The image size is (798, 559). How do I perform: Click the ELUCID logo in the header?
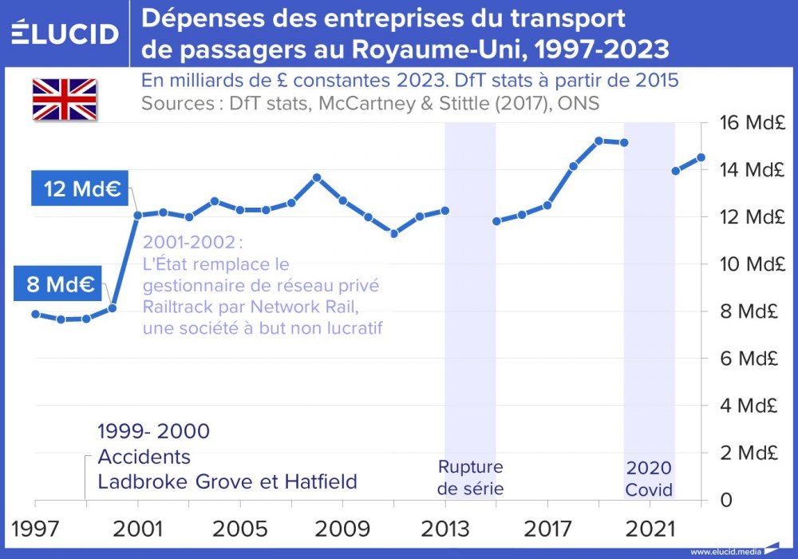[65, 34]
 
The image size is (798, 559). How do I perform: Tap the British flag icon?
[64, 99]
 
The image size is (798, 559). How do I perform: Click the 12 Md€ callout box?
[81, 190]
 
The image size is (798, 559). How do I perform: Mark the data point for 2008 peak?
[317, 177]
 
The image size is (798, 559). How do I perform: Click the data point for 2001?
[137, 215]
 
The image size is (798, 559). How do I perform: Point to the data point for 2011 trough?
[393, 233]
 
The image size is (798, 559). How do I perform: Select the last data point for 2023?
[701, 157]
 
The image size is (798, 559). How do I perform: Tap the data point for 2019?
[598, 141]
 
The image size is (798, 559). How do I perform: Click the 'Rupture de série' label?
[470, 478]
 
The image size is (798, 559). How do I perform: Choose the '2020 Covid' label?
[649, 478]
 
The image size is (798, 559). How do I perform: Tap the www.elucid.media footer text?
[725, 551]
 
